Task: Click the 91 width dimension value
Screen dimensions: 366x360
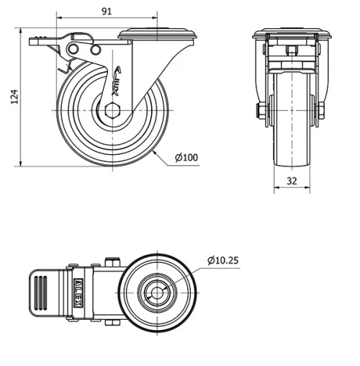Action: [106, 11]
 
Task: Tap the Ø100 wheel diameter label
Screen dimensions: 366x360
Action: [186, 158]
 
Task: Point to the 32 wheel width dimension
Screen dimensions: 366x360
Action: [292, 182]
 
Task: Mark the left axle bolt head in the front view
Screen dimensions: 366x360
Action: [260, 111]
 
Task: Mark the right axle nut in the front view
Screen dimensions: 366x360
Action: [321, 111]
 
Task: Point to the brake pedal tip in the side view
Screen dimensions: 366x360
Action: [35, 41]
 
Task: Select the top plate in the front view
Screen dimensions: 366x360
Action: [292, 34]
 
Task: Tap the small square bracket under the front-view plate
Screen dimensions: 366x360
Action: [292, 50]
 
